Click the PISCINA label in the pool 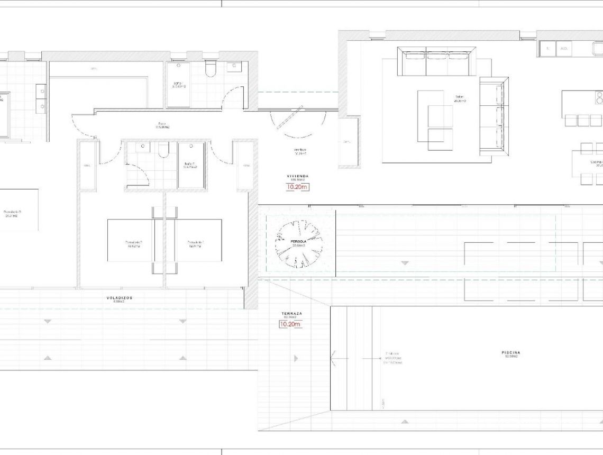pyautogui.click(x=511, y=352)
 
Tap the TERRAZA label pyautogui.click(x=291, y=314)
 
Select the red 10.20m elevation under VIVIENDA pyautogui.click(x=297, y=187)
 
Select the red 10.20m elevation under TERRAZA pyautogui.click(x=290, y=324)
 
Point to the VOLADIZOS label pyautogui.click(x=119, y=298)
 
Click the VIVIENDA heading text pyautogui.click(x=298, y=176)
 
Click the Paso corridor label pyautogui.click(x=162, y=125)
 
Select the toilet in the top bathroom pyautogui.click(x=211, y=69)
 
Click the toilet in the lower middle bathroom pyautogui.click(x=163, y=150)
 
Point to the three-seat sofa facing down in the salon pyautogui.click(x=437, y=62)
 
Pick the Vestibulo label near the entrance pyautogui.click(x=300, y=150)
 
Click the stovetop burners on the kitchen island pyautogui.click(x=599, y=98)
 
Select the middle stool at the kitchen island pyautogui.click(x=583, y=121)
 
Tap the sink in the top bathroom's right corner pyautogui.click(x=233, y=67)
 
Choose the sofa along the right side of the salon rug pyautogui.click(x=494, y=116)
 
